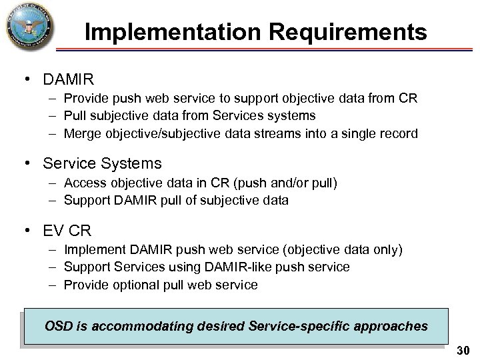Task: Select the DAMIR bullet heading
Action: (69, 80)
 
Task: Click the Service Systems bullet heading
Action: (102, 163)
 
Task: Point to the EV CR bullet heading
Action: (67, 231)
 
